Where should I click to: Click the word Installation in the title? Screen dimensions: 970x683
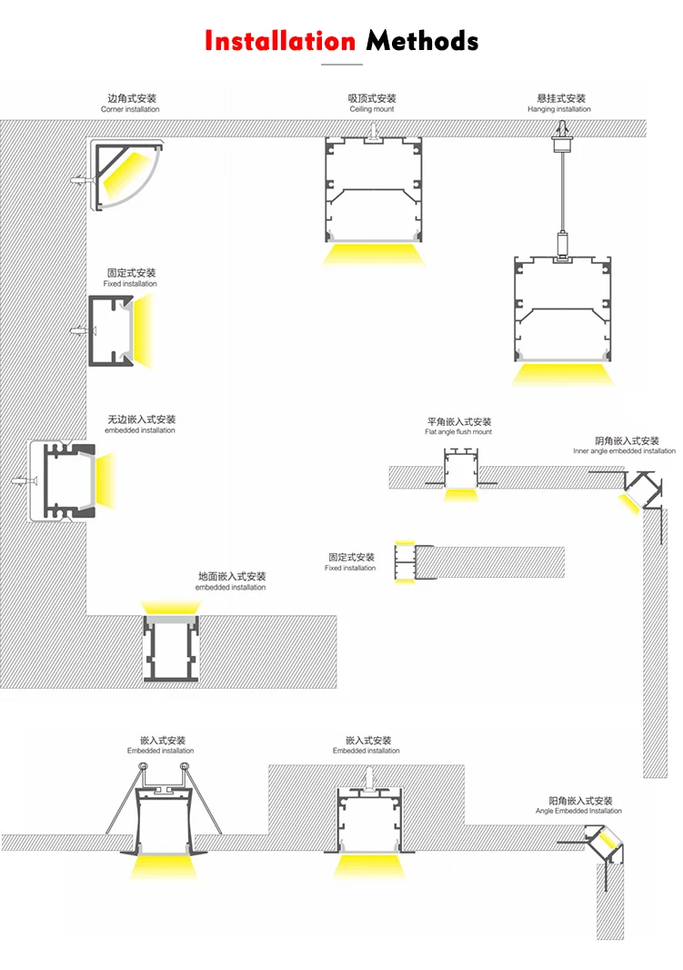(x=279, y=41)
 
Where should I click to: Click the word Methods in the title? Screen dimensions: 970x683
(x=422, y=41)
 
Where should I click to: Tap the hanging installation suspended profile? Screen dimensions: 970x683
(x=560, y=309)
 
